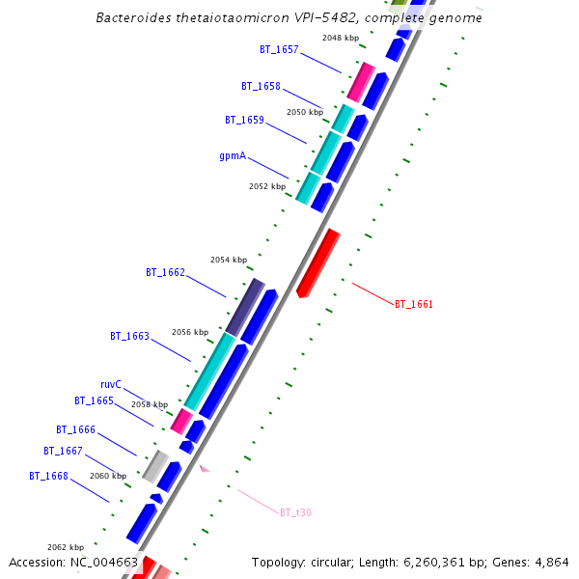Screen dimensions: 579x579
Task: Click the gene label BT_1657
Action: [279, 48]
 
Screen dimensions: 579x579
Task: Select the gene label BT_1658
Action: [261, 86]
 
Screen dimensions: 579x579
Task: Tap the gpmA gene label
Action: [233, 154]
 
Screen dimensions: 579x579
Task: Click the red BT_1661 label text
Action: [414, 304]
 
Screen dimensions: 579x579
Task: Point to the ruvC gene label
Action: [111, 384]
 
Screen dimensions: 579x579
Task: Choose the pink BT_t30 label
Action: [295, 512]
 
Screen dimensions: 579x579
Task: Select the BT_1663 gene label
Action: [129, 336]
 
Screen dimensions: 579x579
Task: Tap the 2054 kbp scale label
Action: [229, 260]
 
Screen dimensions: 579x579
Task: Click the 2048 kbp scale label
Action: [341, 38]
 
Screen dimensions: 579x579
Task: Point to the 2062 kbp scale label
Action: [66, 546]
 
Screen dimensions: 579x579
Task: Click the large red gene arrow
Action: [317, 262]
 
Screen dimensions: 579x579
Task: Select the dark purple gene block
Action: [245, 307]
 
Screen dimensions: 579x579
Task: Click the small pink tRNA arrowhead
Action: [204, 469]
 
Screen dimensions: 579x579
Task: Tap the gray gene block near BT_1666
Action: [155, 466]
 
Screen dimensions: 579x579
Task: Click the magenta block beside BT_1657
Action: [361, 83]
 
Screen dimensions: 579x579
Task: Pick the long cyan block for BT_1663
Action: [209, 372]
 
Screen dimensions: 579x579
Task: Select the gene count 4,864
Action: [551, 563]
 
